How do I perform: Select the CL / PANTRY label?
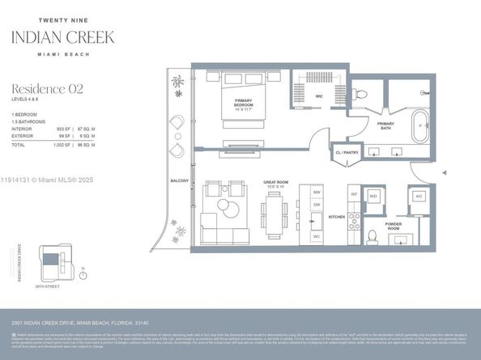(x=346, y=152)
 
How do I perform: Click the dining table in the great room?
(x=275, y=210)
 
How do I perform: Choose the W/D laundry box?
(x=375, y=197)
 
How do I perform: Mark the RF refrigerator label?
(x=354, y=195)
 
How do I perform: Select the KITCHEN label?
(x=337, y=217)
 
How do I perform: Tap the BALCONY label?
(x=180, y=180)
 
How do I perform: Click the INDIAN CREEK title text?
(x=62, y=36)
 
